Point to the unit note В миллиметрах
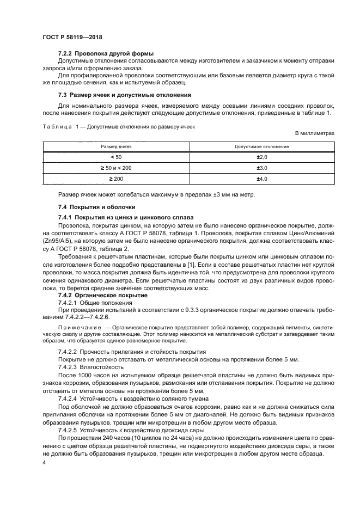point(314,133)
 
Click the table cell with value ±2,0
point(262,157)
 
